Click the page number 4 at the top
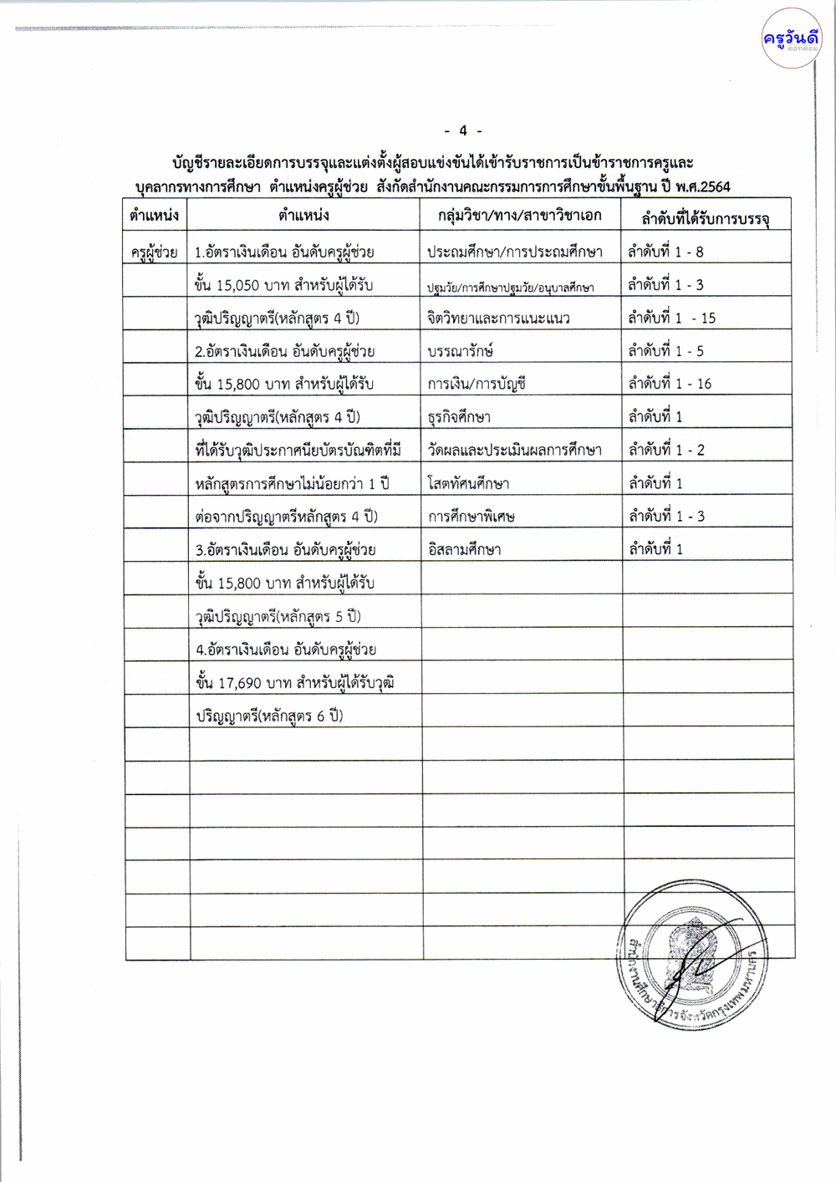[x=463, y=131]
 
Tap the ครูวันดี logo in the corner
[x=791, y=38]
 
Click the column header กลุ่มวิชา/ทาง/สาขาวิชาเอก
[x=519, y=216]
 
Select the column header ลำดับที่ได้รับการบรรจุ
[x=705, y=219]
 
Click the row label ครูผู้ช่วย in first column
[x=155, y=252]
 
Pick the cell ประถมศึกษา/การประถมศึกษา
[x=514, y=252]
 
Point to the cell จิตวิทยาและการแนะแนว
[x=498, y=318]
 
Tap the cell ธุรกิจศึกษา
[x=459, y=417]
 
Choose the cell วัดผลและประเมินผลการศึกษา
[x=514, y=451]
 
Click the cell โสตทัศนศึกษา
[x=468, y=484]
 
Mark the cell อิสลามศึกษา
[x=464, y=550]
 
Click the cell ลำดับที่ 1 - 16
[x=670, y=384]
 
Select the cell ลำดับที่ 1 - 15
[x=671, y=318]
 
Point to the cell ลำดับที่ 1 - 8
[x=665, y=252]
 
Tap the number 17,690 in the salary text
[x=240, y=684]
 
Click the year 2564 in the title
[x=715, y=187]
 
